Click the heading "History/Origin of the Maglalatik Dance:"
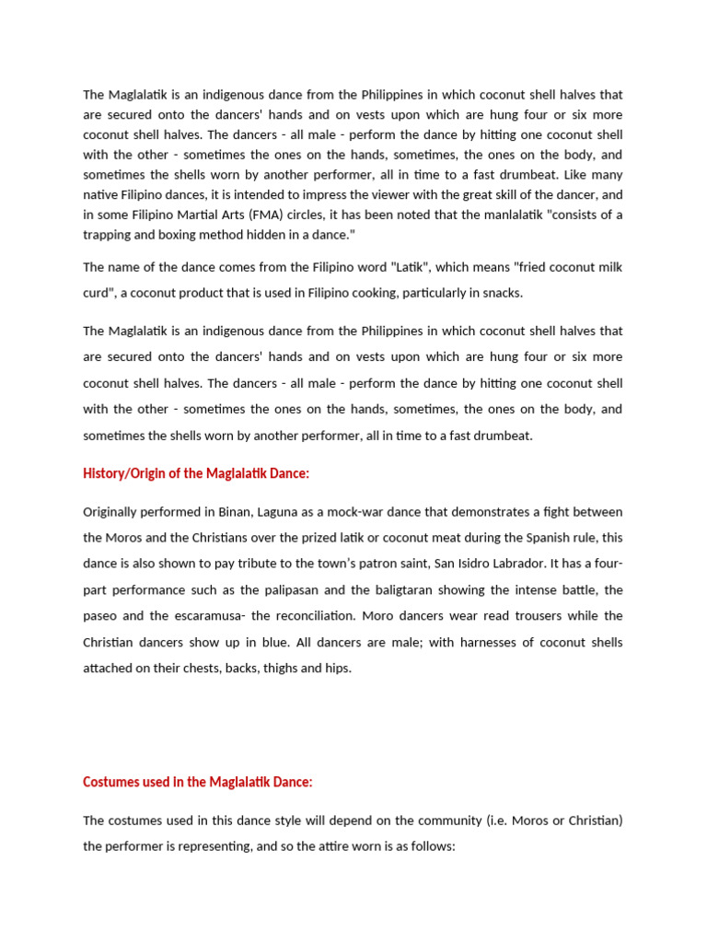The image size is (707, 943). click(x=196, y=472)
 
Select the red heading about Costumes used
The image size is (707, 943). click(x=198, y=781)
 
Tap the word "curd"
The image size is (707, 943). click(x=98, y=292)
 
